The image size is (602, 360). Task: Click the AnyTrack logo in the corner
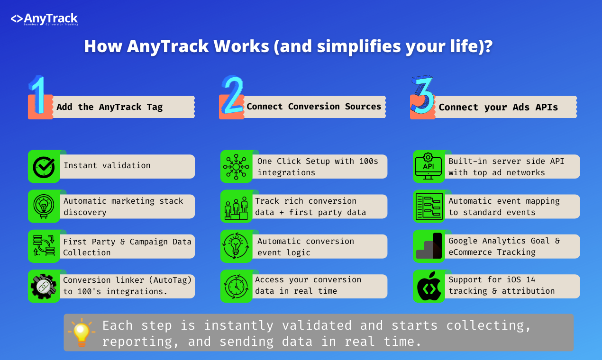pos(44,19)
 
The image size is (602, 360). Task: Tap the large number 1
pos(38,96)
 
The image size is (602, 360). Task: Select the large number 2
pos(233,96)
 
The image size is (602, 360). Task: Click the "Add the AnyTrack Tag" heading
pos(109,107)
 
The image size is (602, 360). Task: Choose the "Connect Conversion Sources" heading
pos(314,107)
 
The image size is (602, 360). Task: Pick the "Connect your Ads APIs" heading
pos(498,108)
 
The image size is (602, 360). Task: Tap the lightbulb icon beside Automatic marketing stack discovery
pos(44,206)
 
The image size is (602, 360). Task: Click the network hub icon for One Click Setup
pos(236,167)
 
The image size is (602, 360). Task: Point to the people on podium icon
pos(236,207)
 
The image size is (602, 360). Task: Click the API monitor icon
pos(428,167)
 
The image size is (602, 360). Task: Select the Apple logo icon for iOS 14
pos(429,286)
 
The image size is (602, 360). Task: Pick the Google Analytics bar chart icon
pos(429,246)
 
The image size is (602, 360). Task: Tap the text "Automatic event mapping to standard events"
pos(504,207)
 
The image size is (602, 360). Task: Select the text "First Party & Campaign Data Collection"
pos(127,247)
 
